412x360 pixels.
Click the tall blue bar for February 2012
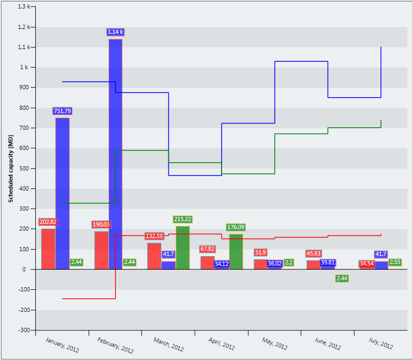(116, 153)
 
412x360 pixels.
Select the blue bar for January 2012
(62, 193)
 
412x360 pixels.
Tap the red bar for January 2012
(48, 249)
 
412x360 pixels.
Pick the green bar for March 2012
(183, 248)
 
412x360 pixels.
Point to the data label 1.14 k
(116, 32)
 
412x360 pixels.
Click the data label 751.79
(62, 111)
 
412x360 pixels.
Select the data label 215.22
(183, 219)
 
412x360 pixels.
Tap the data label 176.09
(236, 227)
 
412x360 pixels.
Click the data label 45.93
(313, 254)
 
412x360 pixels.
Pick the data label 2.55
(395, 262)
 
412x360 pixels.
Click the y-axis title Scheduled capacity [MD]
(11, 169)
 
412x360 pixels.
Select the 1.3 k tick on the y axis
(23, 7)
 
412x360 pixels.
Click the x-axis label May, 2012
(274, 343)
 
